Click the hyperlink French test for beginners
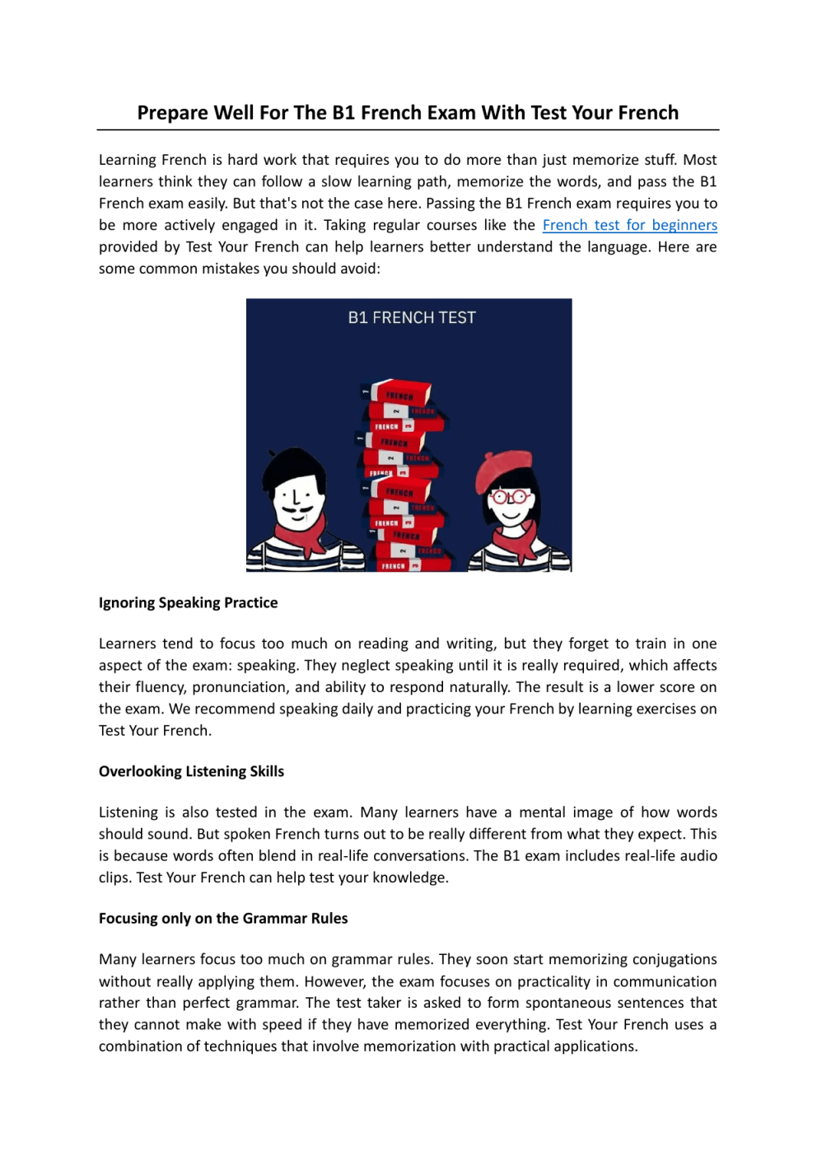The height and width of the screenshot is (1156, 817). click(x=629, y=225)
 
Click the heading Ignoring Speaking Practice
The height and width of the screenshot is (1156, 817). click(x=188, y=602)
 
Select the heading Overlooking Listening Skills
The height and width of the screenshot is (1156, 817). click(x=191, y=771)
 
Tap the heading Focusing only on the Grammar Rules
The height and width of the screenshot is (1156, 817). click(x=223, y=918)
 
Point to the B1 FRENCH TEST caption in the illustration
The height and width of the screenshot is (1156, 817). click(x=412, y=318)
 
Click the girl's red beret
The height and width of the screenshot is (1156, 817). click(x=504, y=469)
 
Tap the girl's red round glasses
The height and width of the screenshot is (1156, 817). click(x=509, y=497)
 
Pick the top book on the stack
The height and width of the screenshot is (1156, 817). click(x=400, y=393)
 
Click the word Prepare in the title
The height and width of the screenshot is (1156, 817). click(x=172, y=113)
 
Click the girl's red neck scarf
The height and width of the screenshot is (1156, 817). click(x=517, y=540)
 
